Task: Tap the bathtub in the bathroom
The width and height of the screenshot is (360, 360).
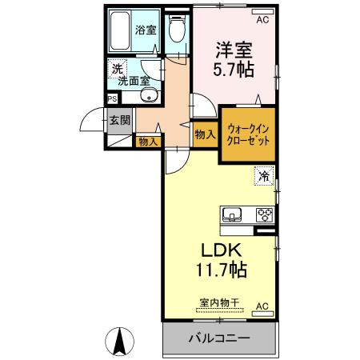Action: click(122, 32)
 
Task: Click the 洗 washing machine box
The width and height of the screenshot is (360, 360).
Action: click(117, 70)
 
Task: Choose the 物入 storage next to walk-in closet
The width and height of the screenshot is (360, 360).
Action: click(205, 135)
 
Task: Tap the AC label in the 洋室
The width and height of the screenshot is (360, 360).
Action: click(262, 11)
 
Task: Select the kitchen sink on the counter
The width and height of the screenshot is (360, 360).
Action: click(234, 214)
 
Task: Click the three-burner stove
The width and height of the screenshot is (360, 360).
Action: click(263, 214)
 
